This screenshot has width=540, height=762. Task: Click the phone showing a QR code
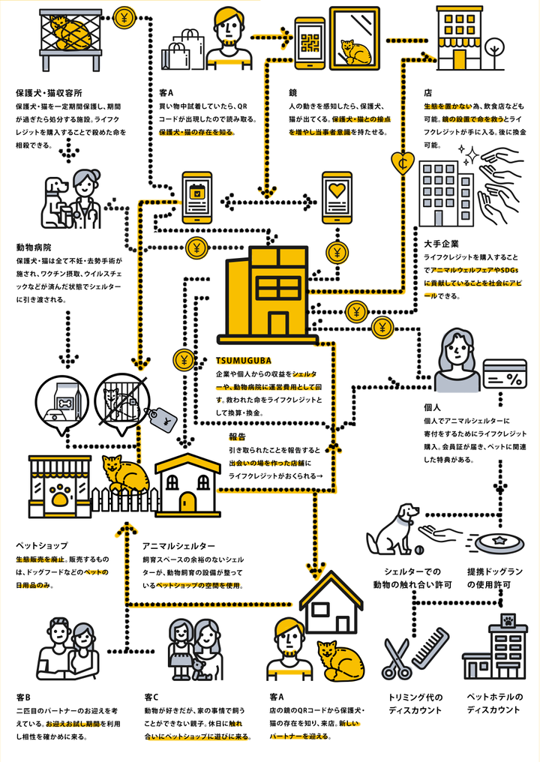coord(309,43)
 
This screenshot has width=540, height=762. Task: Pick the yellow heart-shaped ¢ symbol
coord(402,163)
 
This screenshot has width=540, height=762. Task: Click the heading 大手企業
coord(439,244)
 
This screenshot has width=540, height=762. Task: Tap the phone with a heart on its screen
coord(337,197)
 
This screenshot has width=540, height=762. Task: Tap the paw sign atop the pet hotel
coord(508,620)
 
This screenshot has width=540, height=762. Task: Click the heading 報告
coord(238,436)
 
